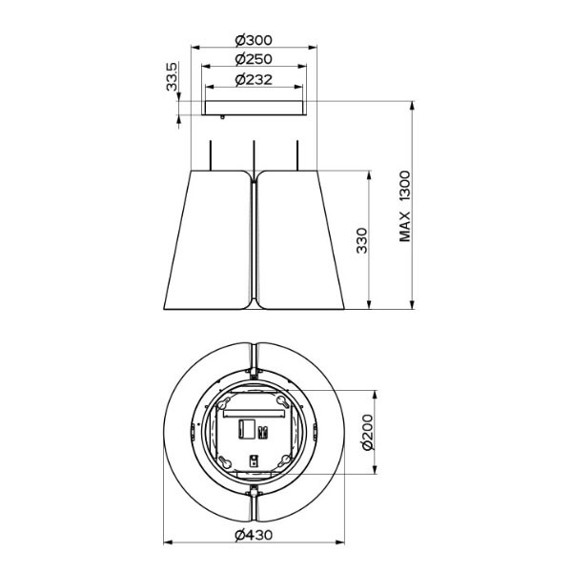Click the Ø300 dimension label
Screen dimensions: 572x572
tap(254, 40)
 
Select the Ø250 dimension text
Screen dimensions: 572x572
tap(254, 59)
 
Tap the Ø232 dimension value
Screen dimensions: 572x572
tap(254, 79)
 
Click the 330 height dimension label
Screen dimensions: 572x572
tap(362, 240)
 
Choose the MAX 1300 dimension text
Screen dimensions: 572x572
tap(405, 206)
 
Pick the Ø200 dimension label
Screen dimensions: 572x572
tap(368, 432)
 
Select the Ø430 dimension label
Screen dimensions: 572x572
tap(254, 535)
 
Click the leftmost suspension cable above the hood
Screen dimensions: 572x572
tap(210, 155)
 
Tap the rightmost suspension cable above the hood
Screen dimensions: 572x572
tap(297, 155)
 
